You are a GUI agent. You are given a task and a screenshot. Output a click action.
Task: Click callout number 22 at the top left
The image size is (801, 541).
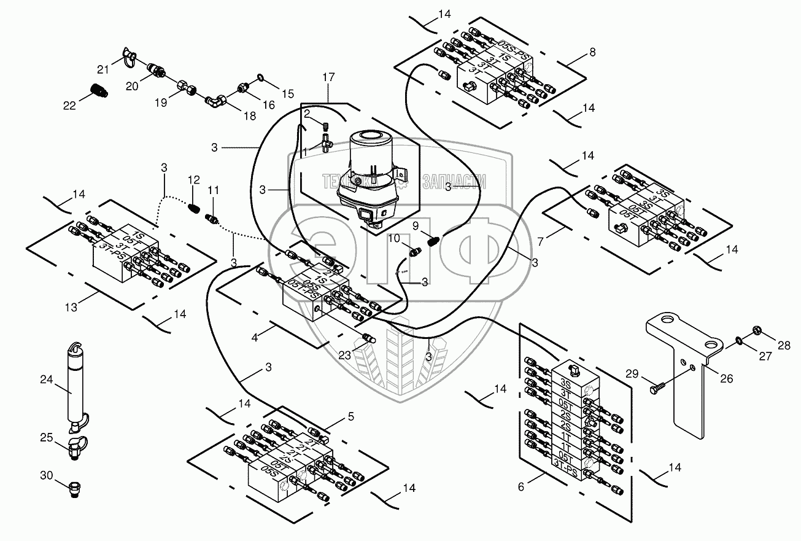70,105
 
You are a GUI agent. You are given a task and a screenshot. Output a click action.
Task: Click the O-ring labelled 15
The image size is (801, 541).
260,78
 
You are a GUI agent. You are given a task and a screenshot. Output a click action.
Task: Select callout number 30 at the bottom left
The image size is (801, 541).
46,475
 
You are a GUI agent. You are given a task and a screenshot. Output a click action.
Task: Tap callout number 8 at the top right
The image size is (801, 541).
592,53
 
